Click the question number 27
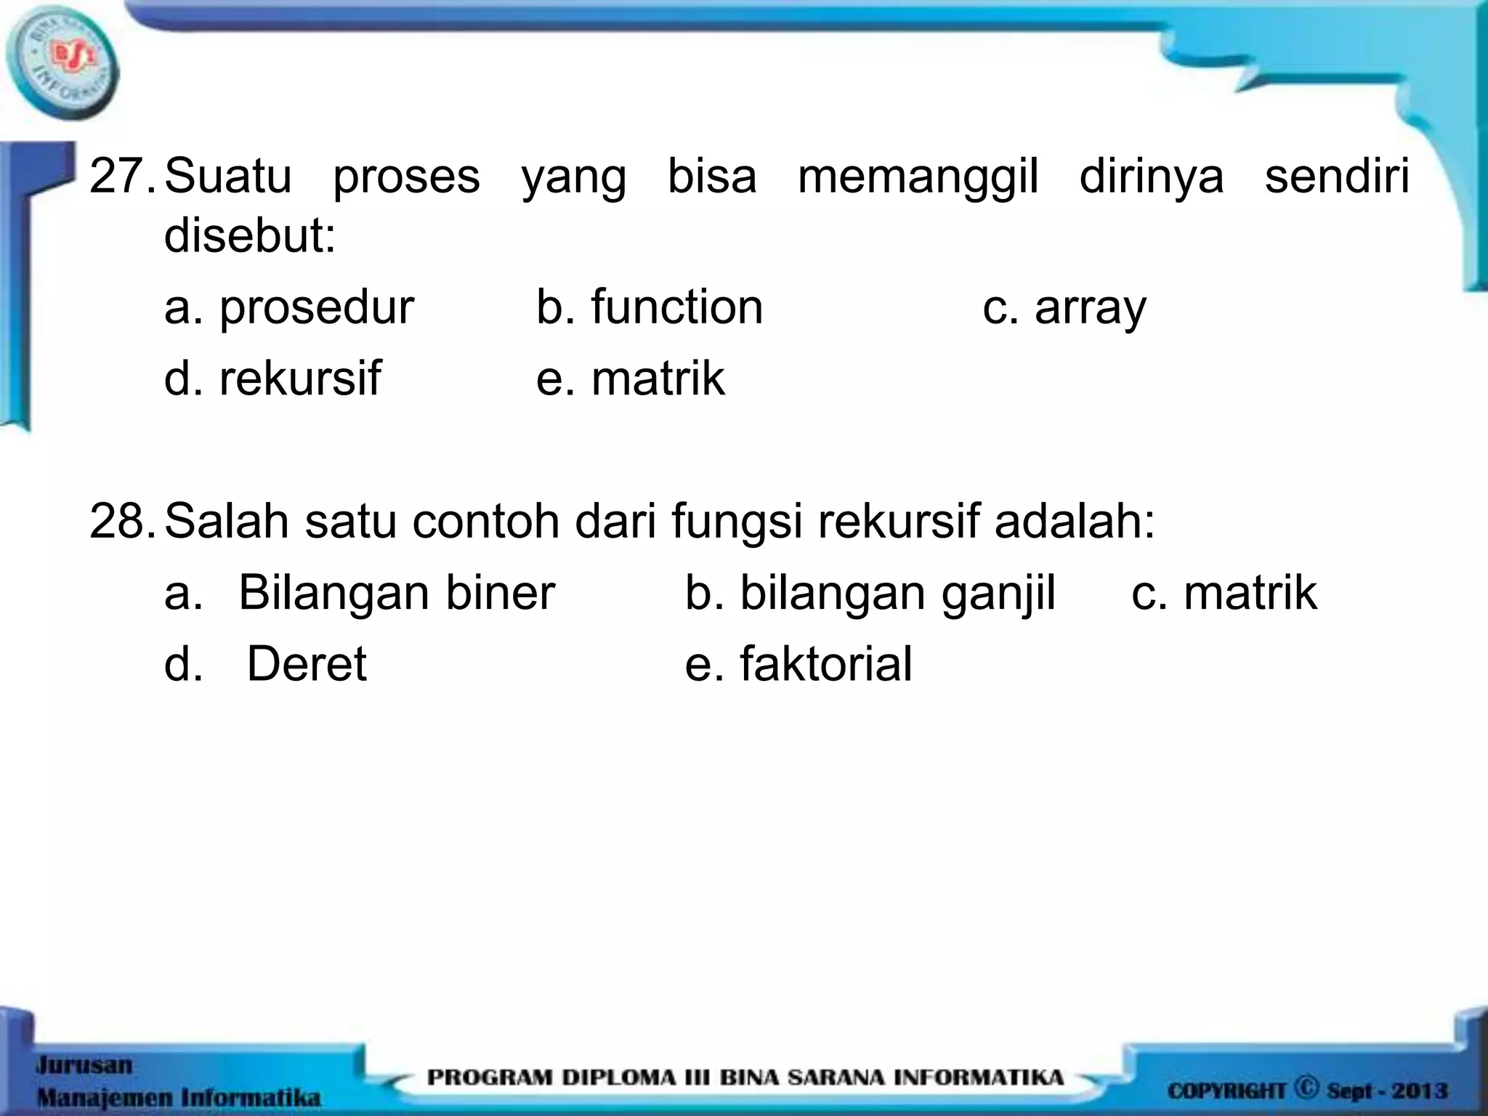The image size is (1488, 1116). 118,177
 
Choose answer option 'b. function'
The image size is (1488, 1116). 650,307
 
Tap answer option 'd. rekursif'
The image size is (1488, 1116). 272,378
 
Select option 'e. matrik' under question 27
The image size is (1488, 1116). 630,378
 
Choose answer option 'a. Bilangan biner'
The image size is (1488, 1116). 360,592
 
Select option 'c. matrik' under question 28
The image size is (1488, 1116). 1224,592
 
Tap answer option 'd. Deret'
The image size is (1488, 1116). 266,663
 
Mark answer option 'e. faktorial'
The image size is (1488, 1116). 798,663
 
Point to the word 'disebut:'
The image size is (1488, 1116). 250,235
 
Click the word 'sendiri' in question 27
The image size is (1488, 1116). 1337,177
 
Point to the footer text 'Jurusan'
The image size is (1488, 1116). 84,1065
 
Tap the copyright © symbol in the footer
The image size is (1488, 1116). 1306,1088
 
